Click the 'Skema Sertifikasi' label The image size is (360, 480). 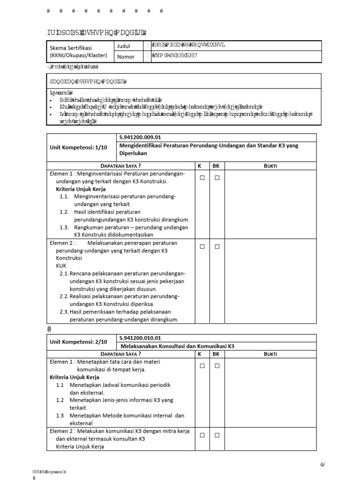click(x=71, y=48)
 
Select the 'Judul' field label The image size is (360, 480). click(x=124, y=46)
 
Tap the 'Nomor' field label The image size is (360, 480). click(x=125, y=57)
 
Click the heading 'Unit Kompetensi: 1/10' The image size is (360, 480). click(x=79, y=147)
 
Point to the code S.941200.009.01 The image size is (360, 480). click(x=140, y=137)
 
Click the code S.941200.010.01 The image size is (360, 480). click(x=140, y=337)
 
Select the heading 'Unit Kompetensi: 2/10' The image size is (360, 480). click(x=79, y=342)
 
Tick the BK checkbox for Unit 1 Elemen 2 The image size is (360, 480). click(x=217, y=247)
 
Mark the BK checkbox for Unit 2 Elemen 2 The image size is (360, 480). click(x=217, y=435)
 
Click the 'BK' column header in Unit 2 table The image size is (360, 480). click(x=216, y=354)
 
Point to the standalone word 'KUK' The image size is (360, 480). click(x=61, y=265)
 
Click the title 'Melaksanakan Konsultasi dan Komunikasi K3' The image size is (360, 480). click(x=177, y=346)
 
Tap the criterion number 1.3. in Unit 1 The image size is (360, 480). click(x=65, y=227)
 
